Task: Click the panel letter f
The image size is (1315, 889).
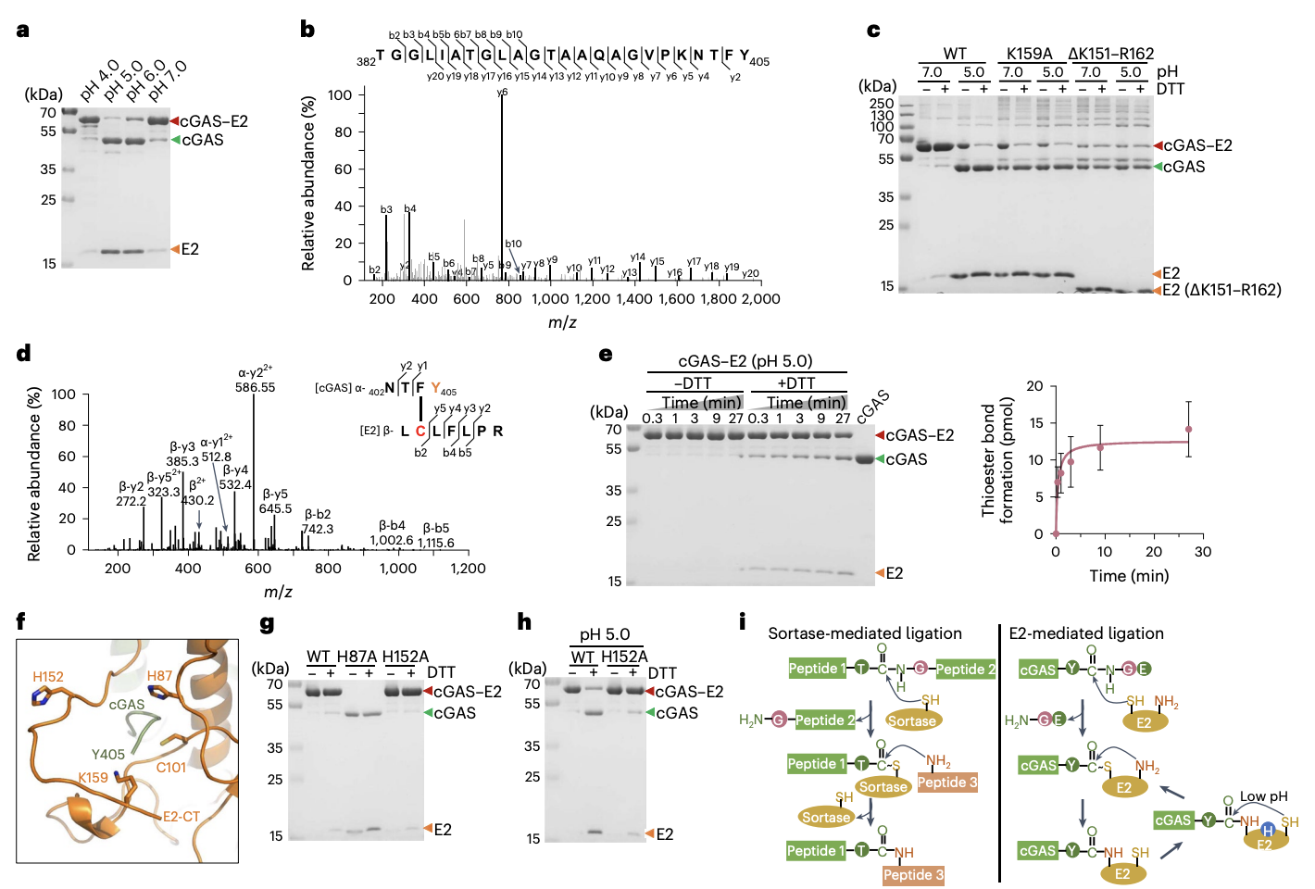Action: pos(20,621)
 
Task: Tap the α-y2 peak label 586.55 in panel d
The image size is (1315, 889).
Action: pos(255,387)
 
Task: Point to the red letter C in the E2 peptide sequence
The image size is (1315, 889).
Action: pos(420,431)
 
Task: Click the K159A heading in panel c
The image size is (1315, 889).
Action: pos(1029,53)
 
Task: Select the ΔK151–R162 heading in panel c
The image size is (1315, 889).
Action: pos(1110,53)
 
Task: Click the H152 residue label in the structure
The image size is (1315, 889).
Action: pos(48,676)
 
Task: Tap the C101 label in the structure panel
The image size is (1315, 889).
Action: pos(171,767)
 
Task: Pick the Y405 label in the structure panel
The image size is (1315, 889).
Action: pos(108,754)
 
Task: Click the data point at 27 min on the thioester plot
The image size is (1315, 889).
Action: pos(1188,430)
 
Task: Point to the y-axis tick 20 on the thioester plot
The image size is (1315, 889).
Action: pos(1034,386)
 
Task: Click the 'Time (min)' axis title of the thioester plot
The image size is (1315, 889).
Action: pos(1128,576)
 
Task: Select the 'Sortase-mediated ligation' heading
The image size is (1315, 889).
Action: pos(864,633)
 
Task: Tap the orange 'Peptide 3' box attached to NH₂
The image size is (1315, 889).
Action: pos(947,783)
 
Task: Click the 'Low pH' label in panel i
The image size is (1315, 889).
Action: pos(1263,796)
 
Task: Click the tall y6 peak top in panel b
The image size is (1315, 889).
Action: pos(502,94)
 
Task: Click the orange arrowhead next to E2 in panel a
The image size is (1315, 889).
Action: pos(174,249)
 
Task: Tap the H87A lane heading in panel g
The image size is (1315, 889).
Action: pos(357,657)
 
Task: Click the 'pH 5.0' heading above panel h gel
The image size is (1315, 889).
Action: pos(605,634)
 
